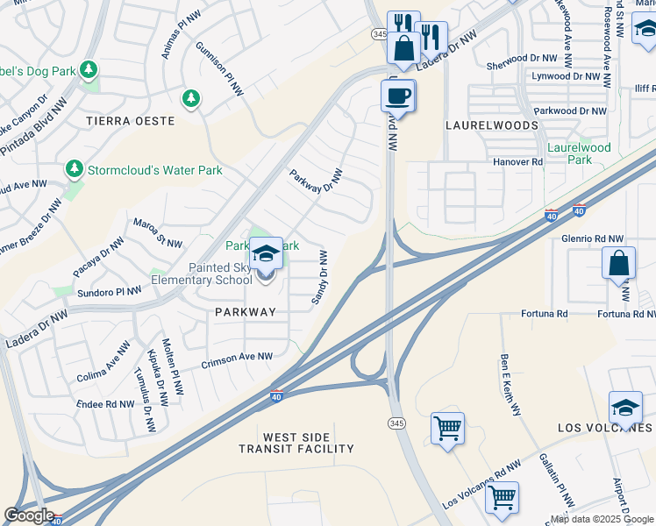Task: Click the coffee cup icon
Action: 397,95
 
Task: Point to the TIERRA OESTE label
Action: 143,121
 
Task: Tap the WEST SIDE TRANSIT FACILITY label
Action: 296,443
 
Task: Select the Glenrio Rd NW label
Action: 592,238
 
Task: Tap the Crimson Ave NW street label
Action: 237,357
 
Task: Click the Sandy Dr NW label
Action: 320,278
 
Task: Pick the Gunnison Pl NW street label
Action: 218,62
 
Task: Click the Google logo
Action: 29,515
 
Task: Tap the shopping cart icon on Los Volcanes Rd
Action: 502,497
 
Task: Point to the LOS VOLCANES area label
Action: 605,427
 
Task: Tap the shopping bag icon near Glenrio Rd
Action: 619,263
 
